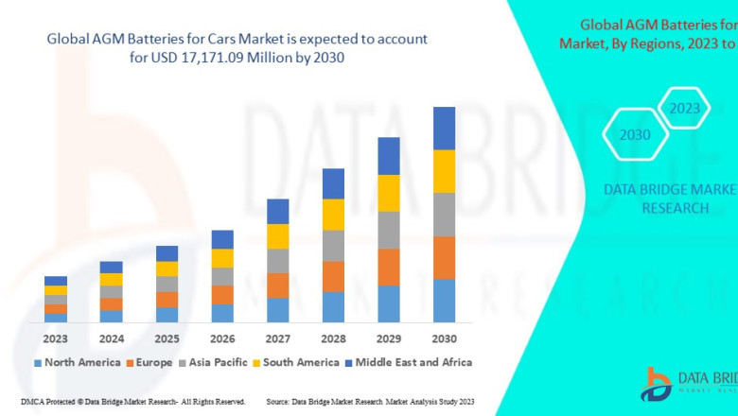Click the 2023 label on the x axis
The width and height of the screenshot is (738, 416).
pyautogui.click(x=56, y=338)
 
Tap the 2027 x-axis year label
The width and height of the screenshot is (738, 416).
pyautogui.click(x=277, y=338)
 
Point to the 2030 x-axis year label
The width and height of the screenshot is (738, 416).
pyautogui.click(x=444, y=338)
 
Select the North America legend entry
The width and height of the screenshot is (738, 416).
pyautogui.click(x=77, y=362)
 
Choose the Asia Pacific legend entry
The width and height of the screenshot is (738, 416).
pyautogui.click(x=217, y=362)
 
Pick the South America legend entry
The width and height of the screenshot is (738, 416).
pyautogui.click(x=298, y=362)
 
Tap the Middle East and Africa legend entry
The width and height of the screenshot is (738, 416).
pyautogui.click(x=412, y=362)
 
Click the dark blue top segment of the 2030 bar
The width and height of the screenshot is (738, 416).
pyautogui.click(x=444, y=128)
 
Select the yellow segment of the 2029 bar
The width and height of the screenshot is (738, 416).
pyautogui.click(x=388, y=193)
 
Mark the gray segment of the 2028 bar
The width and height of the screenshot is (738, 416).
pyautogui.click(x=333, y=245)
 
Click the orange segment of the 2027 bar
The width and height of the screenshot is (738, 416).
pyautogui.click(x=277, y=286)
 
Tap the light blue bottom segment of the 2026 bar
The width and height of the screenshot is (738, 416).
pyautogui.click(x=222, y=313)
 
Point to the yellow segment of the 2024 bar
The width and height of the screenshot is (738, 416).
pyautogui.click(x=112, y=279)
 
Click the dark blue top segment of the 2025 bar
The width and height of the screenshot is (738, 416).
pyautogui.click(x=167, y=253)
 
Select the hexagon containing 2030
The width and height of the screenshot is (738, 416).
pyautogui.click(x=635, y=135)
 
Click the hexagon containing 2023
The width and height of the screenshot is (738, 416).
pyautogui.click(x=684, y=109)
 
